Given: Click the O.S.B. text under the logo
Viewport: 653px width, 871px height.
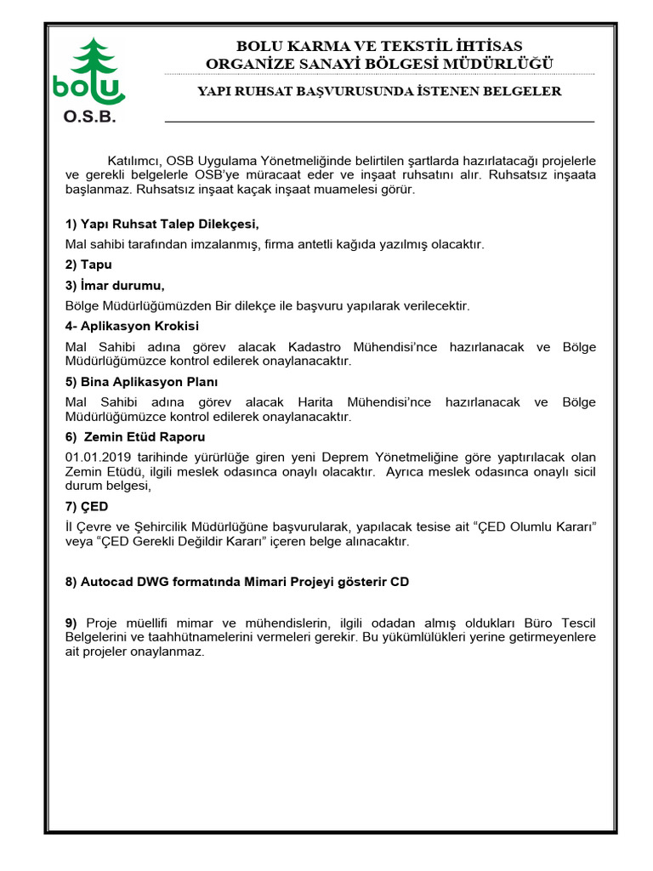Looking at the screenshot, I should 89,117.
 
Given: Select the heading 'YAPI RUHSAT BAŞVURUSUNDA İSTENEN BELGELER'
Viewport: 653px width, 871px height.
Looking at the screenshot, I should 379,91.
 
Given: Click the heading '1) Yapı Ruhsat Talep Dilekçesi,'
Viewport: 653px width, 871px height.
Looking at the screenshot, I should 161,224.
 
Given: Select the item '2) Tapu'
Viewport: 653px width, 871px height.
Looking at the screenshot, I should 88,265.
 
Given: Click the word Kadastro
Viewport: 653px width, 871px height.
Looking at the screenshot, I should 315,347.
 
